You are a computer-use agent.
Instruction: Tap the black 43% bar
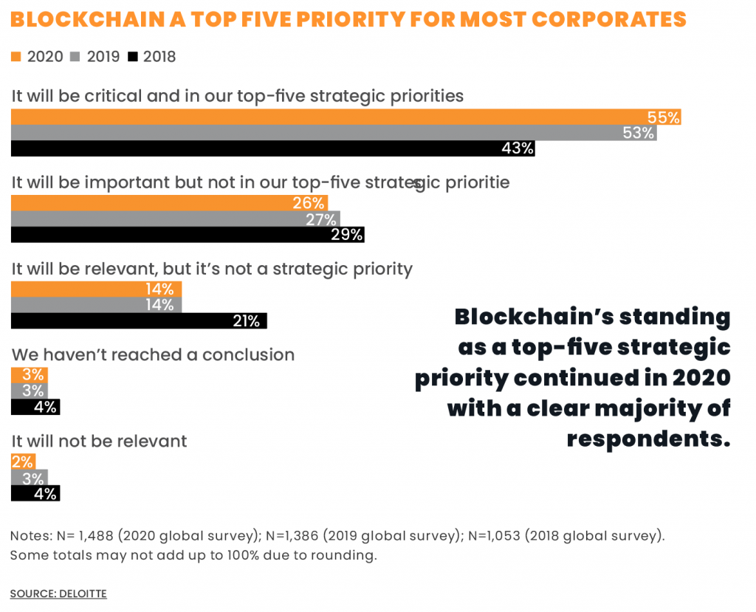pyautogui.click(x=272, y=148)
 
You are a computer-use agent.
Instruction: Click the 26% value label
pyautogui.click(x=309, y=203)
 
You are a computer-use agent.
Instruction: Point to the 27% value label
pyautogui.click(x=321, y=219)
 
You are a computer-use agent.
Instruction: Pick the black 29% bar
pyautogui.click(x=188, y=235)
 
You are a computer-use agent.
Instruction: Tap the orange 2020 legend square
pyautogui.click(x=17, y=56)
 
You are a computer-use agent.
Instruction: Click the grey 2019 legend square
pyautogui.click(x=75, y=56)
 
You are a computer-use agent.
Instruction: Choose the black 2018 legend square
pyautogui.click(x=133, y=56)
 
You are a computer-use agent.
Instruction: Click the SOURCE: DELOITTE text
pyautogui.click(x=58, y=594)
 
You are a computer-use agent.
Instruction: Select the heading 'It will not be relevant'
pyautogui.click(x=99, y=441)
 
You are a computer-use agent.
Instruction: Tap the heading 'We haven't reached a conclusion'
pyautogui.click(x=153, y=355)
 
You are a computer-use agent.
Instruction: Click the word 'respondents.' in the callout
pyautogui.click(x=648, y=439)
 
